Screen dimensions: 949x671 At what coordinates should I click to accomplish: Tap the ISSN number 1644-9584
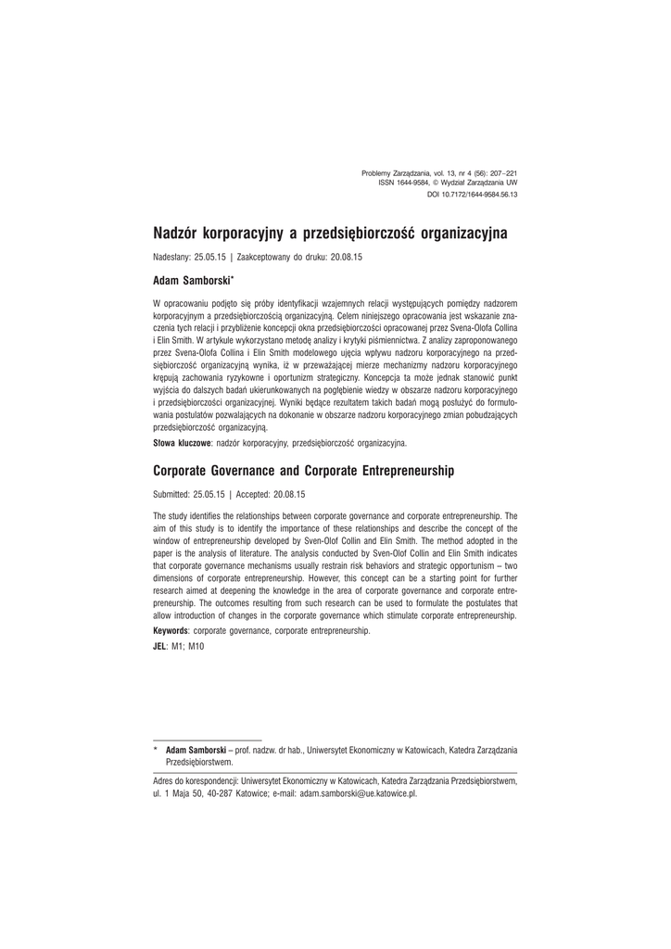[x=413, y=183]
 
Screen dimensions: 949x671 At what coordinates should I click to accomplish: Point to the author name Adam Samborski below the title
[x=191, y=278]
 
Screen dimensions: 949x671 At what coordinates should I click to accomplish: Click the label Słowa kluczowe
[x=182, y=445]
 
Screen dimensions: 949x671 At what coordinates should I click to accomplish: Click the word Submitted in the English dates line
[x=172, y=495]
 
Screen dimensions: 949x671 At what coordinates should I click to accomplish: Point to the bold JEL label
[x=159, y=645]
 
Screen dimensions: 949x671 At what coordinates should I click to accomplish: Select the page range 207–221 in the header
[x=499, y=172]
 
